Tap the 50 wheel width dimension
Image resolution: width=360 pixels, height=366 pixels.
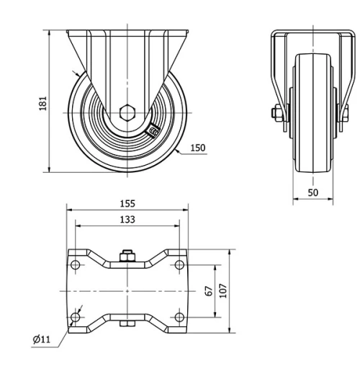(313, 192)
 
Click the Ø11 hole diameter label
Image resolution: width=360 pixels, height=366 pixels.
(42, 339)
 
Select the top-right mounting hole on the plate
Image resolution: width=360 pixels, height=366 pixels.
(179, 265)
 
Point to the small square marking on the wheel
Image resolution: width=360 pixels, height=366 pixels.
(153, 130)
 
